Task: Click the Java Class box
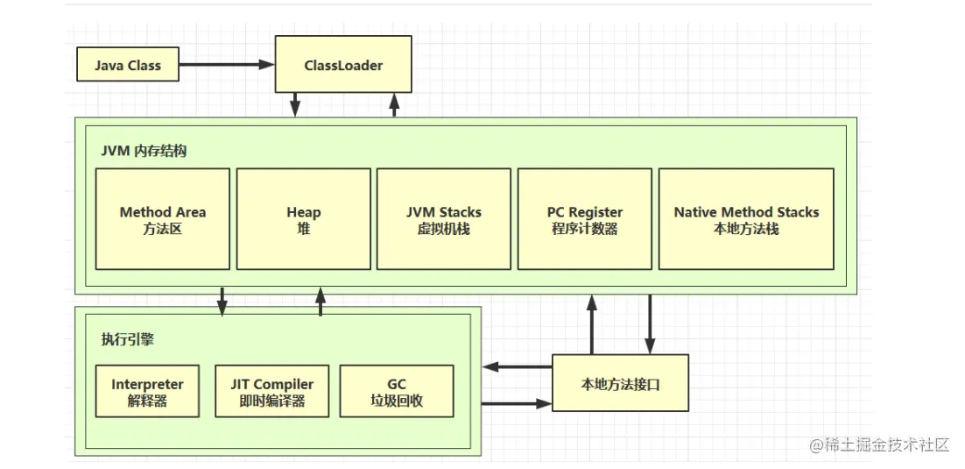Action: [x=127, y=65]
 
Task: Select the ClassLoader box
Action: [x=343, y=64]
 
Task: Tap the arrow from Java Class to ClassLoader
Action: [x=227, y=64]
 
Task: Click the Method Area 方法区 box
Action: [x=163, y=219]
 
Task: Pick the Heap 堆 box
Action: [x=303, y=219]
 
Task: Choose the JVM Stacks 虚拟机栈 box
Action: [x=444, y=219]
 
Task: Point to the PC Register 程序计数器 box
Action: [x=585, y=219]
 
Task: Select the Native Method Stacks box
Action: [x=747, y=219]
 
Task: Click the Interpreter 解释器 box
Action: [x=148, y=391]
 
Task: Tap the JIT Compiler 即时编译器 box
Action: [x=272, y=391]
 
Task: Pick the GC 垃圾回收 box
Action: [x=397, y=391]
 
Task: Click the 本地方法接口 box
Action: [x=620, y=383]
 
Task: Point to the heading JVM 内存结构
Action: [x=144, y=151]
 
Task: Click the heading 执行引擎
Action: [x=127, y=339]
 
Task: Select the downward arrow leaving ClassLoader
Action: [x=295, y=105]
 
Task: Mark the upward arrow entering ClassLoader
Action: [x=394, y=105]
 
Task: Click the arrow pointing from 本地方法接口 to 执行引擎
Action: [x=517, y=367]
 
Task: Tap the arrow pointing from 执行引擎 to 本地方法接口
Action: [x=517, y=403]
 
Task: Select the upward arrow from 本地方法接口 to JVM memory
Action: [x=591, y=324]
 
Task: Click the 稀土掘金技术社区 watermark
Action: [x=879, y=445]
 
